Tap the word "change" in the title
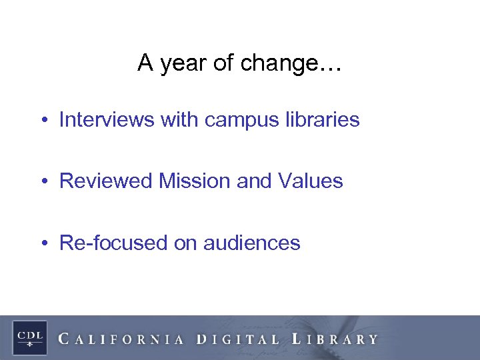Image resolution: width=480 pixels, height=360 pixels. pyautogui.click(x=279, y=64)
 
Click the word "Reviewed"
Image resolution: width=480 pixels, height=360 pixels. pyautogui.click(x=107, y=181)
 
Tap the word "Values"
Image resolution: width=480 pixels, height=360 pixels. pyautogui.click(x=313, y=181)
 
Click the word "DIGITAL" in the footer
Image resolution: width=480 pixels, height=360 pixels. pyautogui.click(x=239, y=339)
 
